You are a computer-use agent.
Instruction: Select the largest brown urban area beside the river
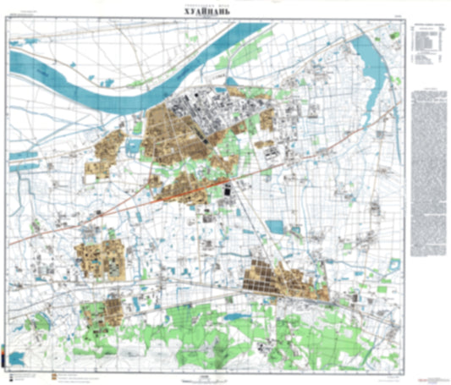click(173, 135)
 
